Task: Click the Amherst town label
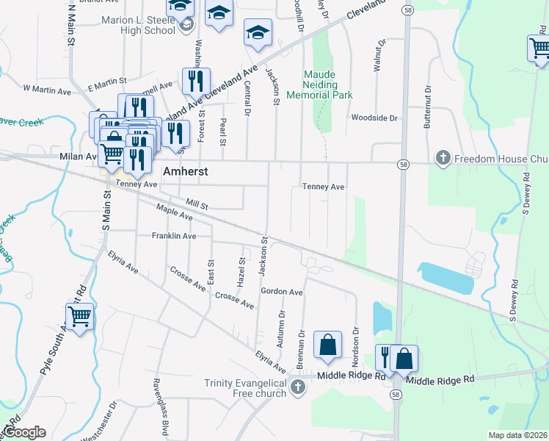(185, 171)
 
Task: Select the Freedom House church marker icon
(442, 158)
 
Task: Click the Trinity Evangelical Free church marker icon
(297, 387)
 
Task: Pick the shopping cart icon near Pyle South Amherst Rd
(79, 317)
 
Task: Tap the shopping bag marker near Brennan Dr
(327, 345)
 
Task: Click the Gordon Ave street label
(282, 292)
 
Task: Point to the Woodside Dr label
(374, 118)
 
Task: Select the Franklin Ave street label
(174, 236)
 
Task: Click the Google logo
(24, 432)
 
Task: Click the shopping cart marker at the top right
(539, 49)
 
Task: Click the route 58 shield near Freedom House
(404, 164)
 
